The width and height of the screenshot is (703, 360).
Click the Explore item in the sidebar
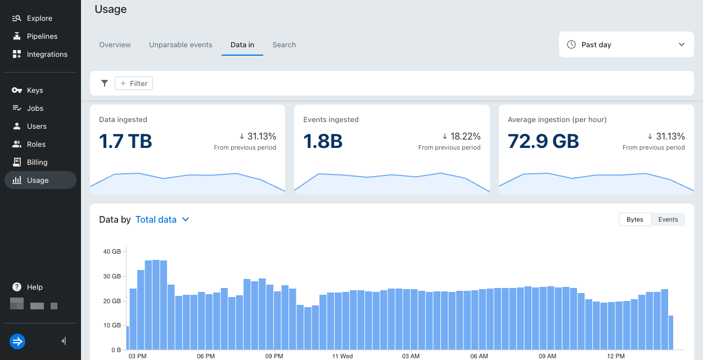39,18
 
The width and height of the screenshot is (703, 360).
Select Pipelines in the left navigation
42,36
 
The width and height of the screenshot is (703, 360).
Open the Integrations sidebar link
47,54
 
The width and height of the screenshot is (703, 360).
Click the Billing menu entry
37,162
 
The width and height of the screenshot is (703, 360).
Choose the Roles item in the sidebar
36,144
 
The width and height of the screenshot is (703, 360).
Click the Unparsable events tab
181,45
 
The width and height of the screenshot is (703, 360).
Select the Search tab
284,45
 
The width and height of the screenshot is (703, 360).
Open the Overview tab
115,45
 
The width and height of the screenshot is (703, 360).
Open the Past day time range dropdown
626,44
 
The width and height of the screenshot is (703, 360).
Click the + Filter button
134,83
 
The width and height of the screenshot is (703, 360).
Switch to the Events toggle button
668,219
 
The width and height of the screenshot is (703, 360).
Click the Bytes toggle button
635,219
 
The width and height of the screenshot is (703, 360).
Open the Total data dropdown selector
163,219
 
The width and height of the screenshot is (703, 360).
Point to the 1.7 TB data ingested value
125,141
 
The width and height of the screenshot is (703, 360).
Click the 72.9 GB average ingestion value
543,141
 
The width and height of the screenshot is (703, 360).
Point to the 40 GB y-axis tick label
112,251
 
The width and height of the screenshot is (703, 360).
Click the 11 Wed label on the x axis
343,356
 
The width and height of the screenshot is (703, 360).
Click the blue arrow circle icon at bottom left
17,341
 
